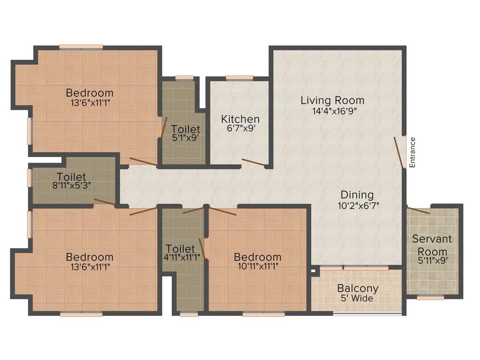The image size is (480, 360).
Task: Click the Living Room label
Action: pos(332,100)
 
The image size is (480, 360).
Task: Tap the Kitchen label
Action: pos(240,119)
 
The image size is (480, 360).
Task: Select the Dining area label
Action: pos(357,195)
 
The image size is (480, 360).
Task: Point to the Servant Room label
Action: pos(432,245)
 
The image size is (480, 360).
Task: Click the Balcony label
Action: pos(358,289)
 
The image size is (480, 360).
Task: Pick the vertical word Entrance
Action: pos(412,152)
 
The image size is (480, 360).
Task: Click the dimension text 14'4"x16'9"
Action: pos(332,111)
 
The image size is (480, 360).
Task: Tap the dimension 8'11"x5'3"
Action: pos(72,185)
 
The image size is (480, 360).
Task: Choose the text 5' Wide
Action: pos(357,299)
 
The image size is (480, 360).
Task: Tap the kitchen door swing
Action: pos(253,163)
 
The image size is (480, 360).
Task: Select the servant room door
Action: pos(418,210)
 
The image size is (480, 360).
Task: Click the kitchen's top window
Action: pos(239,78)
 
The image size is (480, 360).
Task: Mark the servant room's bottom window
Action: pos(430,297)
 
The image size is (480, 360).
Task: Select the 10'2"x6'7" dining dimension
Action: pos(357,205)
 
